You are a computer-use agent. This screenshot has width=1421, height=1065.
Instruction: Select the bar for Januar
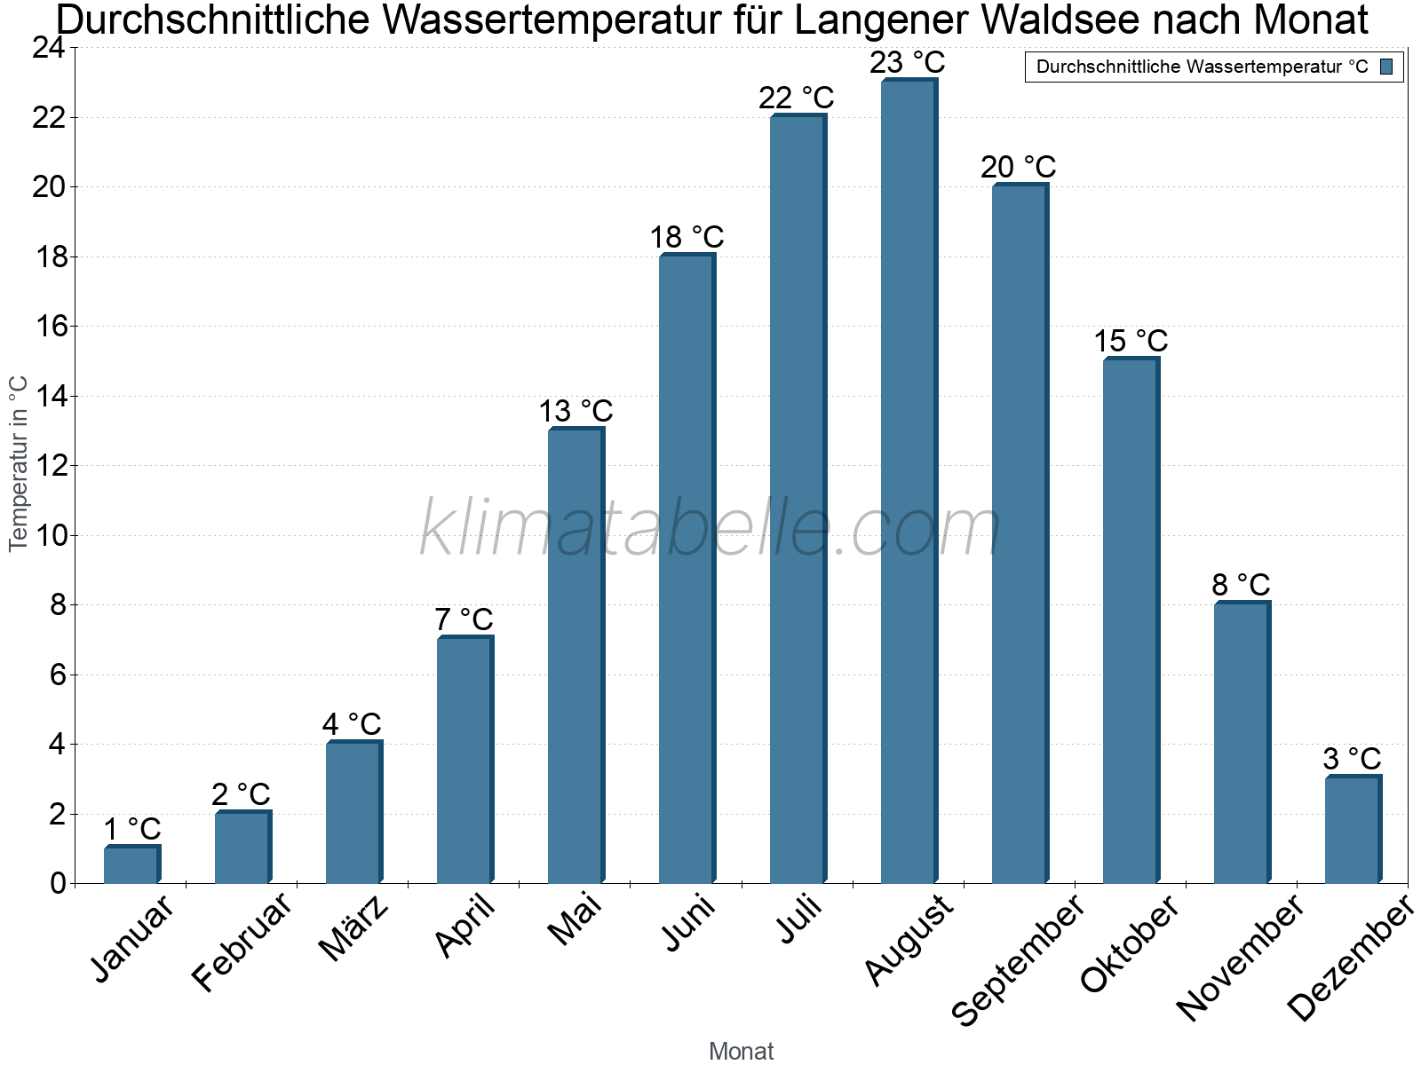click(x=131, y=865)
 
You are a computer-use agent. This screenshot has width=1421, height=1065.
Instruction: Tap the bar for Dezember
click(x=1353, y=830)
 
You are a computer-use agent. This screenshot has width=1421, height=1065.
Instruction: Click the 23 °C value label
click(x=908, y=63)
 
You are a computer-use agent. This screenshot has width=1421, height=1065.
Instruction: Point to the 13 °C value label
click(x=576, y=412)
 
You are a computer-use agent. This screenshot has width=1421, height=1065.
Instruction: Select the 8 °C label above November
click(x=1241, y=586)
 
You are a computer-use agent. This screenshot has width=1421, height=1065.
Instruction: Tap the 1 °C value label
click(x=131, y=830)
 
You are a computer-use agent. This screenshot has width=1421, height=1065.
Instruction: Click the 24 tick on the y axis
click(x=49, y=48)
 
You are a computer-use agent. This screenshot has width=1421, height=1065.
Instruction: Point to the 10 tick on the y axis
click(x=49, y=535)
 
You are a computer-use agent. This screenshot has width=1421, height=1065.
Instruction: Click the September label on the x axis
click(x=1018, y=959)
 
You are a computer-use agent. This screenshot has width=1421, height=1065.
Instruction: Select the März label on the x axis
click(x=353, y=928)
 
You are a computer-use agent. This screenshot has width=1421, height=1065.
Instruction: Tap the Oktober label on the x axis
click(x=1130, y=944)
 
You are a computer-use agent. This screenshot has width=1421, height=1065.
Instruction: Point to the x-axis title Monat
click(x=742, y=1052)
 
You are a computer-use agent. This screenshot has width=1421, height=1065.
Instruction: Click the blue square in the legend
click(x=1387, y=67)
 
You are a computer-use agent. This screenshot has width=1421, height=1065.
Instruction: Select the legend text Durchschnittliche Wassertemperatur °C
click(x=1202, y=67)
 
